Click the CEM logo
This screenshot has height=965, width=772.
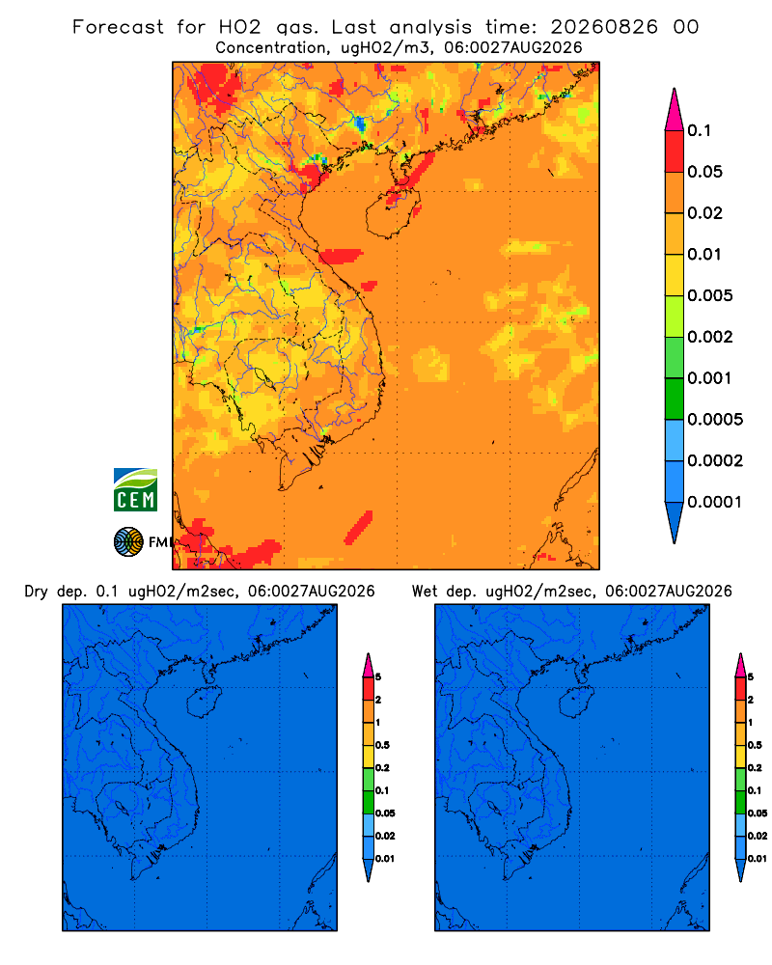pos(135,489)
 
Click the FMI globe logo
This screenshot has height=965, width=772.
pos(128,541)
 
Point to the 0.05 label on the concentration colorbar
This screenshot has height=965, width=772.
pos(704,172)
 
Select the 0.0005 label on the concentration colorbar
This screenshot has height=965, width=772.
pos(715,419)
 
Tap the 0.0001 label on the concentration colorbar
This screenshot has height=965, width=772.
pos(715,502)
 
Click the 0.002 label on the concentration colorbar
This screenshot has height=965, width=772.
pos(710,337)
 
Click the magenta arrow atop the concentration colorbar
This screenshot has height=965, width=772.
pos(675,109)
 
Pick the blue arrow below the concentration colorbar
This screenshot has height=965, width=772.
pos(675,522)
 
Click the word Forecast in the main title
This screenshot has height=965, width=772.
pos(118,27)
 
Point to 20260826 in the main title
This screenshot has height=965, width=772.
pos(604,27)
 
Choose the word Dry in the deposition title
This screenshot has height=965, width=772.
pos(37,592)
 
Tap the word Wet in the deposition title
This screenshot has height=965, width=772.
pos(425,592)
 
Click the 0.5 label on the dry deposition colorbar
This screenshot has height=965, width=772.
pos(382,745)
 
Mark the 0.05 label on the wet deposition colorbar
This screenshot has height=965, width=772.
pos(758,813)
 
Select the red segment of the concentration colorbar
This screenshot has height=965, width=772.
pos(675,152)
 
